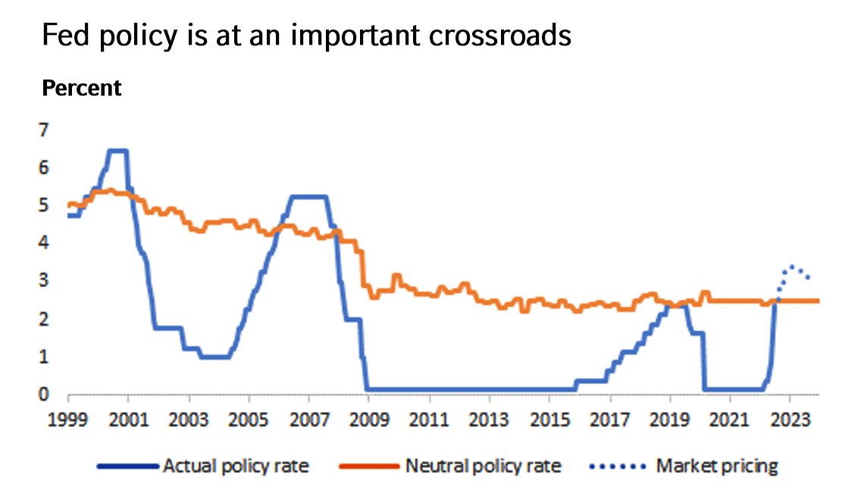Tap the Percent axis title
[82, 89]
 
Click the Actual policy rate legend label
[236, 466]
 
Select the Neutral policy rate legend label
[484, 466]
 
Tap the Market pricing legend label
[717, 466]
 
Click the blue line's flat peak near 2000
[117, 151]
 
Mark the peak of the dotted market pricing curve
[792, 266]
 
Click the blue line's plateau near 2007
[308, 197]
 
